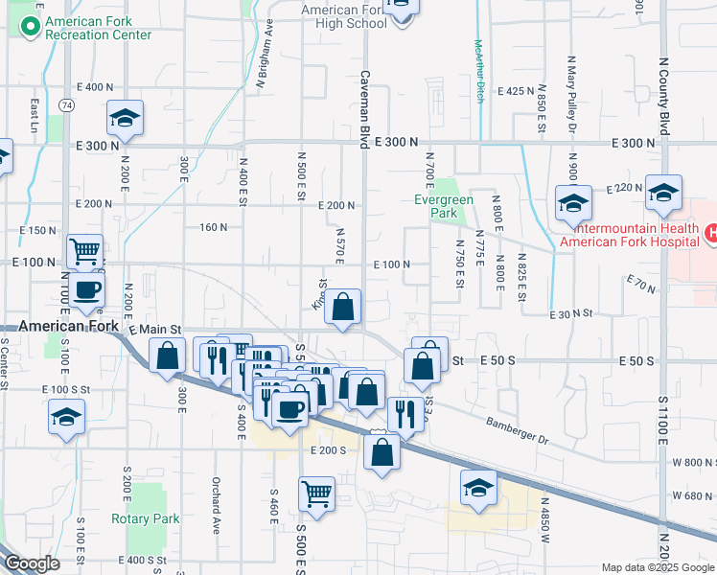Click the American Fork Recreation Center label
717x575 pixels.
98,27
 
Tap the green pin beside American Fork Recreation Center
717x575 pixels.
29,25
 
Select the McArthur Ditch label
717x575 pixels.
478,71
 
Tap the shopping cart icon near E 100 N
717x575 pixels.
85,251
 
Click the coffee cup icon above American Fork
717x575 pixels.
85,288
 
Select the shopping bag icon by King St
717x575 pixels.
343,307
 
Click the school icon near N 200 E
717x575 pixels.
125,118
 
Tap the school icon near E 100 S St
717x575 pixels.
66,417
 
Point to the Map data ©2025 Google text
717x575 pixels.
658,567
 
